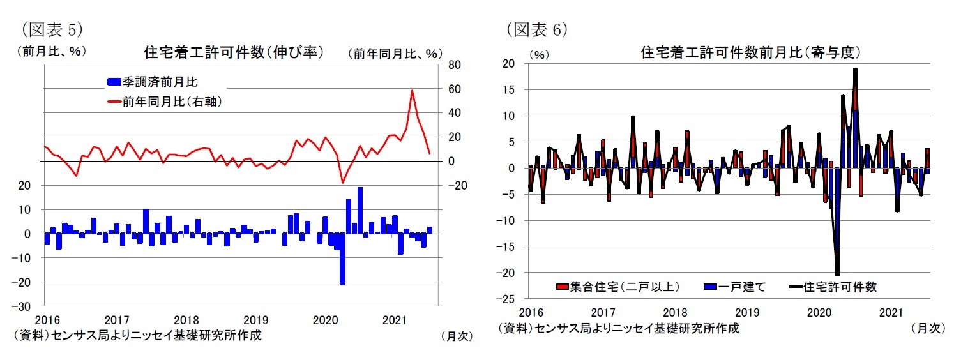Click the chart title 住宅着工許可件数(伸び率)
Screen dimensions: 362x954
234,52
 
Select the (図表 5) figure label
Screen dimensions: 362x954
54,29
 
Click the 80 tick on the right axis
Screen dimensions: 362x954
453,64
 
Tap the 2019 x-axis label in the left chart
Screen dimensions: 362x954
255,319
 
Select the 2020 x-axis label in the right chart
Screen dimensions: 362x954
817,312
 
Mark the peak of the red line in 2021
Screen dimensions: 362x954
412,91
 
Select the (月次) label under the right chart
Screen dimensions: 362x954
926,328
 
